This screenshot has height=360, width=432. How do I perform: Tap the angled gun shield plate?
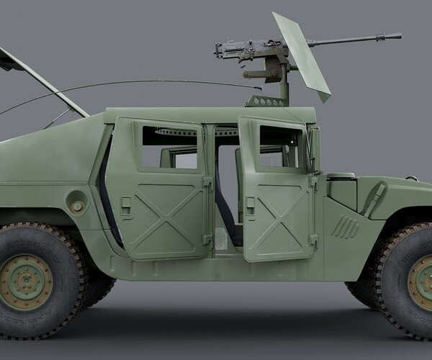303,54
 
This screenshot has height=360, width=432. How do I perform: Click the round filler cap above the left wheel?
77,206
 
